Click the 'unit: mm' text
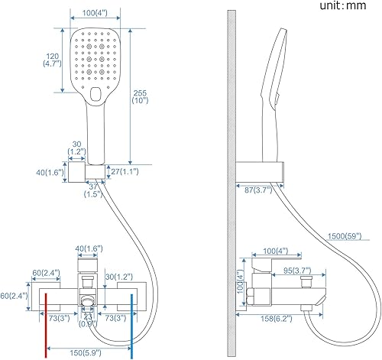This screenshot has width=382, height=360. (x=343, y=5)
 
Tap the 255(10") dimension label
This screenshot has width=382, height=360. (x=140, y=97)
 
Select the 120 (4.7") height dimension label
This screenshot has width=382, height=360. (x=52, y=60)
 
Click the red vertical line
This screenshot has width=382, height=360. (x=46, y=326)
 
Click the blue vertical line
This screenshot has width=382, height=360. (x=131, y=326)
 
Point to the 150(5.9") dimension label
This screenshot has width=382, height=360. (x=86, y=353)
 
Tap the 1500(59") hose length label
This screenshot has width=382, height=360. (x=345, y=236)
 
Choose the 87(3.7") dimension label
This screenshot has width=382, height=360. (x=258, y=190)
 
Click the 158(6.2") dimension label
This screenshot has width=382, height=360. (x=277, y=319)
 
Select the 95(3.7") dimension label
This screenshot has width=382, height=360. (x=297, y=271)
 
